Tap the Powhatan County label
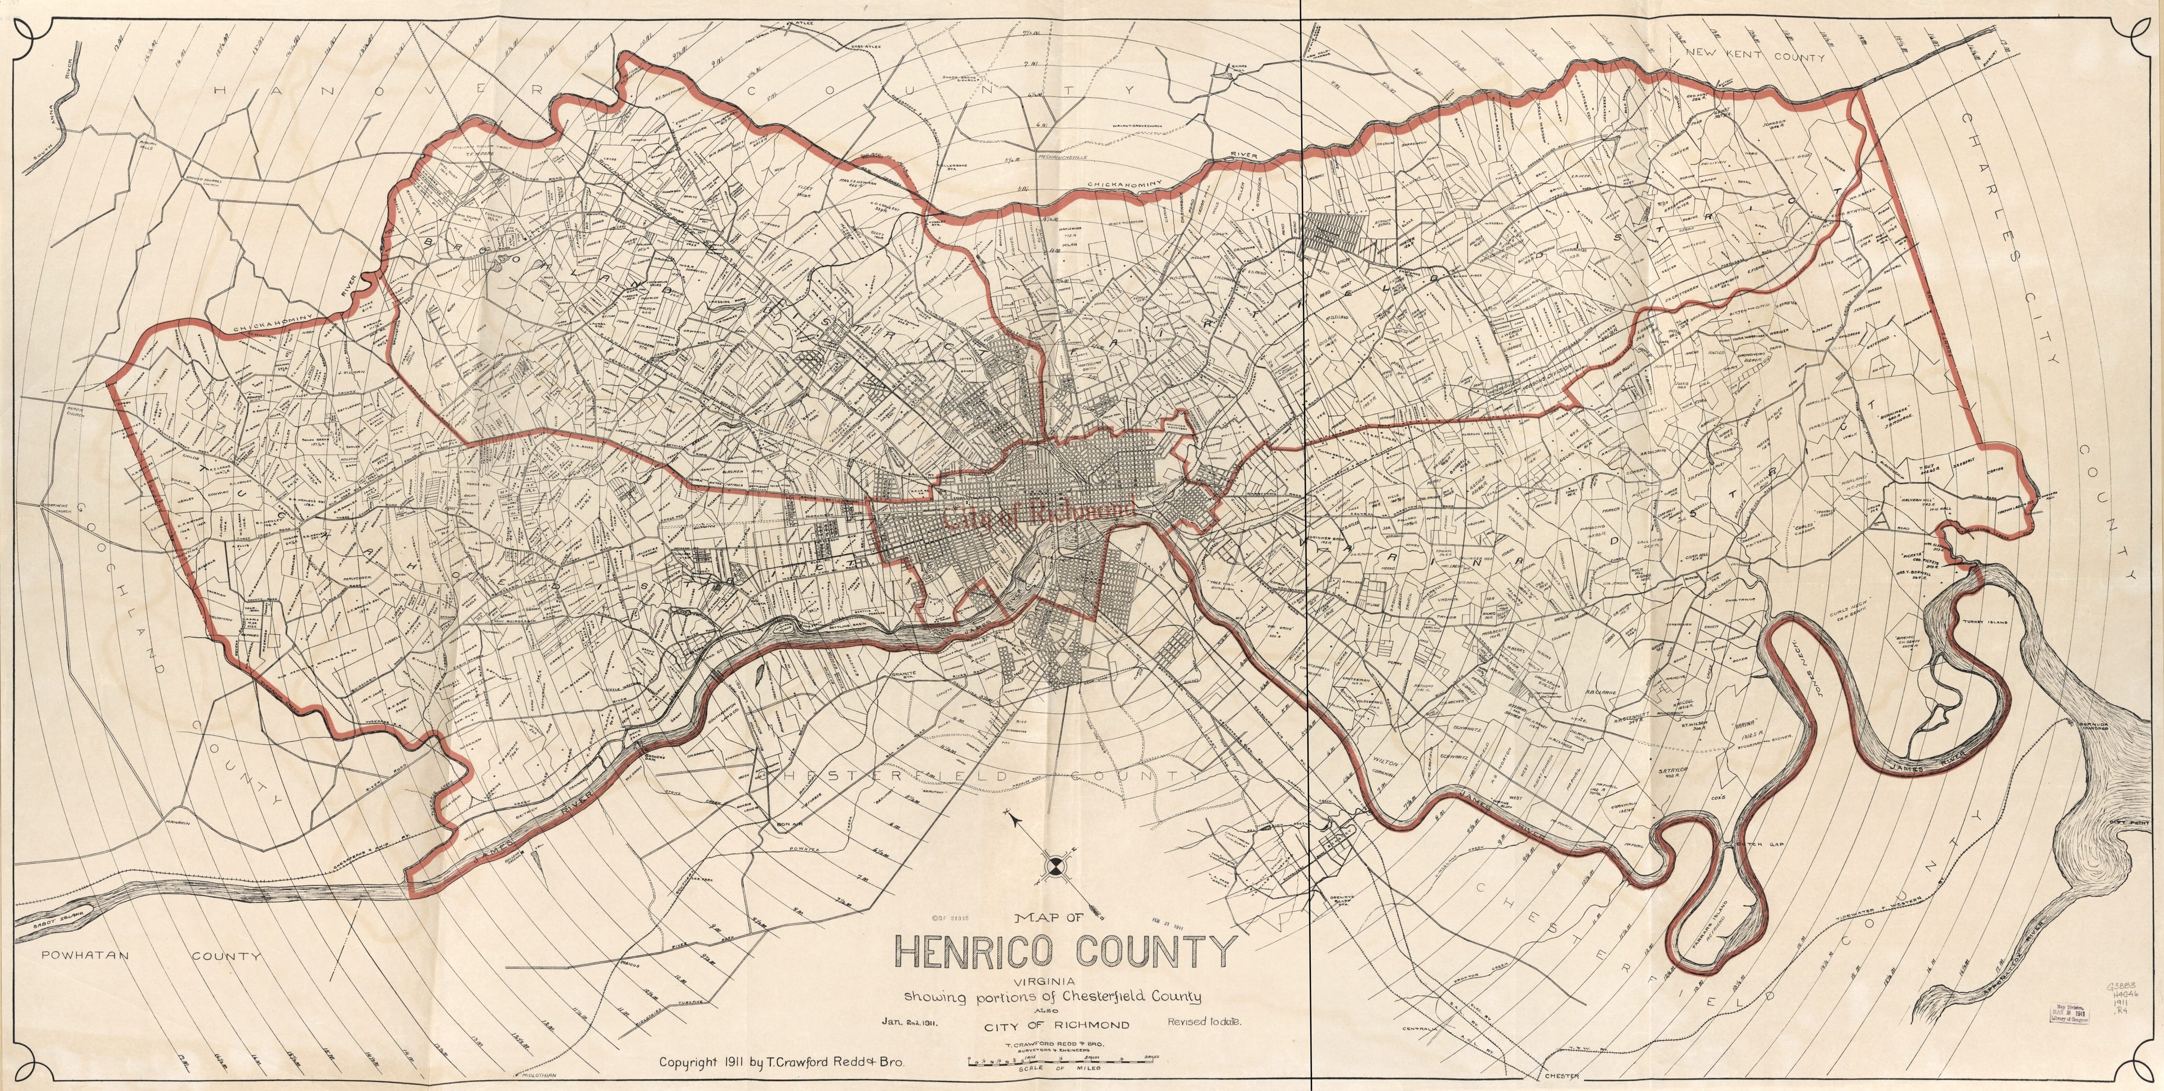(151, 956)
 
